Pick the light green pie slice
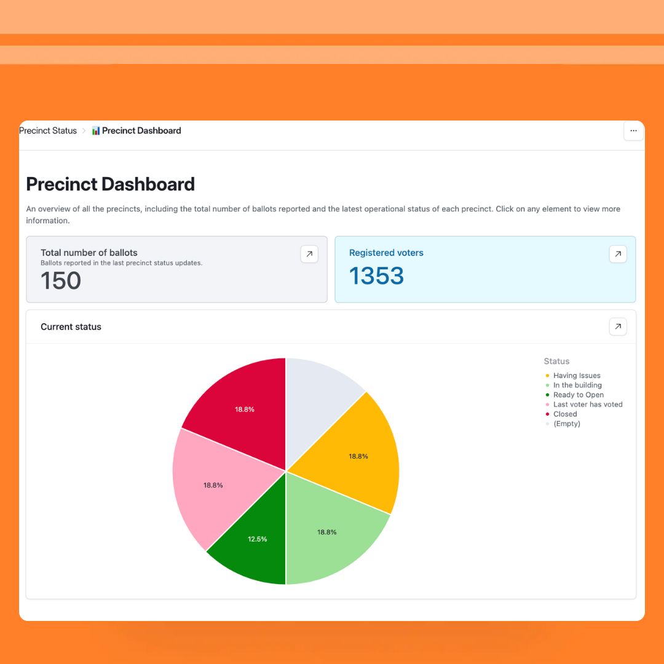pos(326,532)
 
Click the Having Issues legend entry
pos(576,376)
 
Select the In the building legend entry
pos(577,385)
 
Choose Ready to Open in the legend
pos(578,395)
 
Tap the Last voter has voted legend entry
pos(587,405)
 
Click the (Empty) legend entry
pos(566,424)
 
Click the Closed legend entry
pos(564,414)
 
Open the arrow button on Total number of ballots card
pos(309,254)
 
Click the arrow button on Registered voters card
pos(618,254)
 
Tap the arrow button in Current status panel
pos(618,326)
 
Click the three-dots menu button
pos(633,131)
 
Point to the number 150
pos(61,281)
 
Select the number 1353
pos(376,276)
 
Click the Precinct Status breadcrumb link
pos(48,131)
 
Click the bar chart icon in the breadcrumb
pos(96,131)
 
